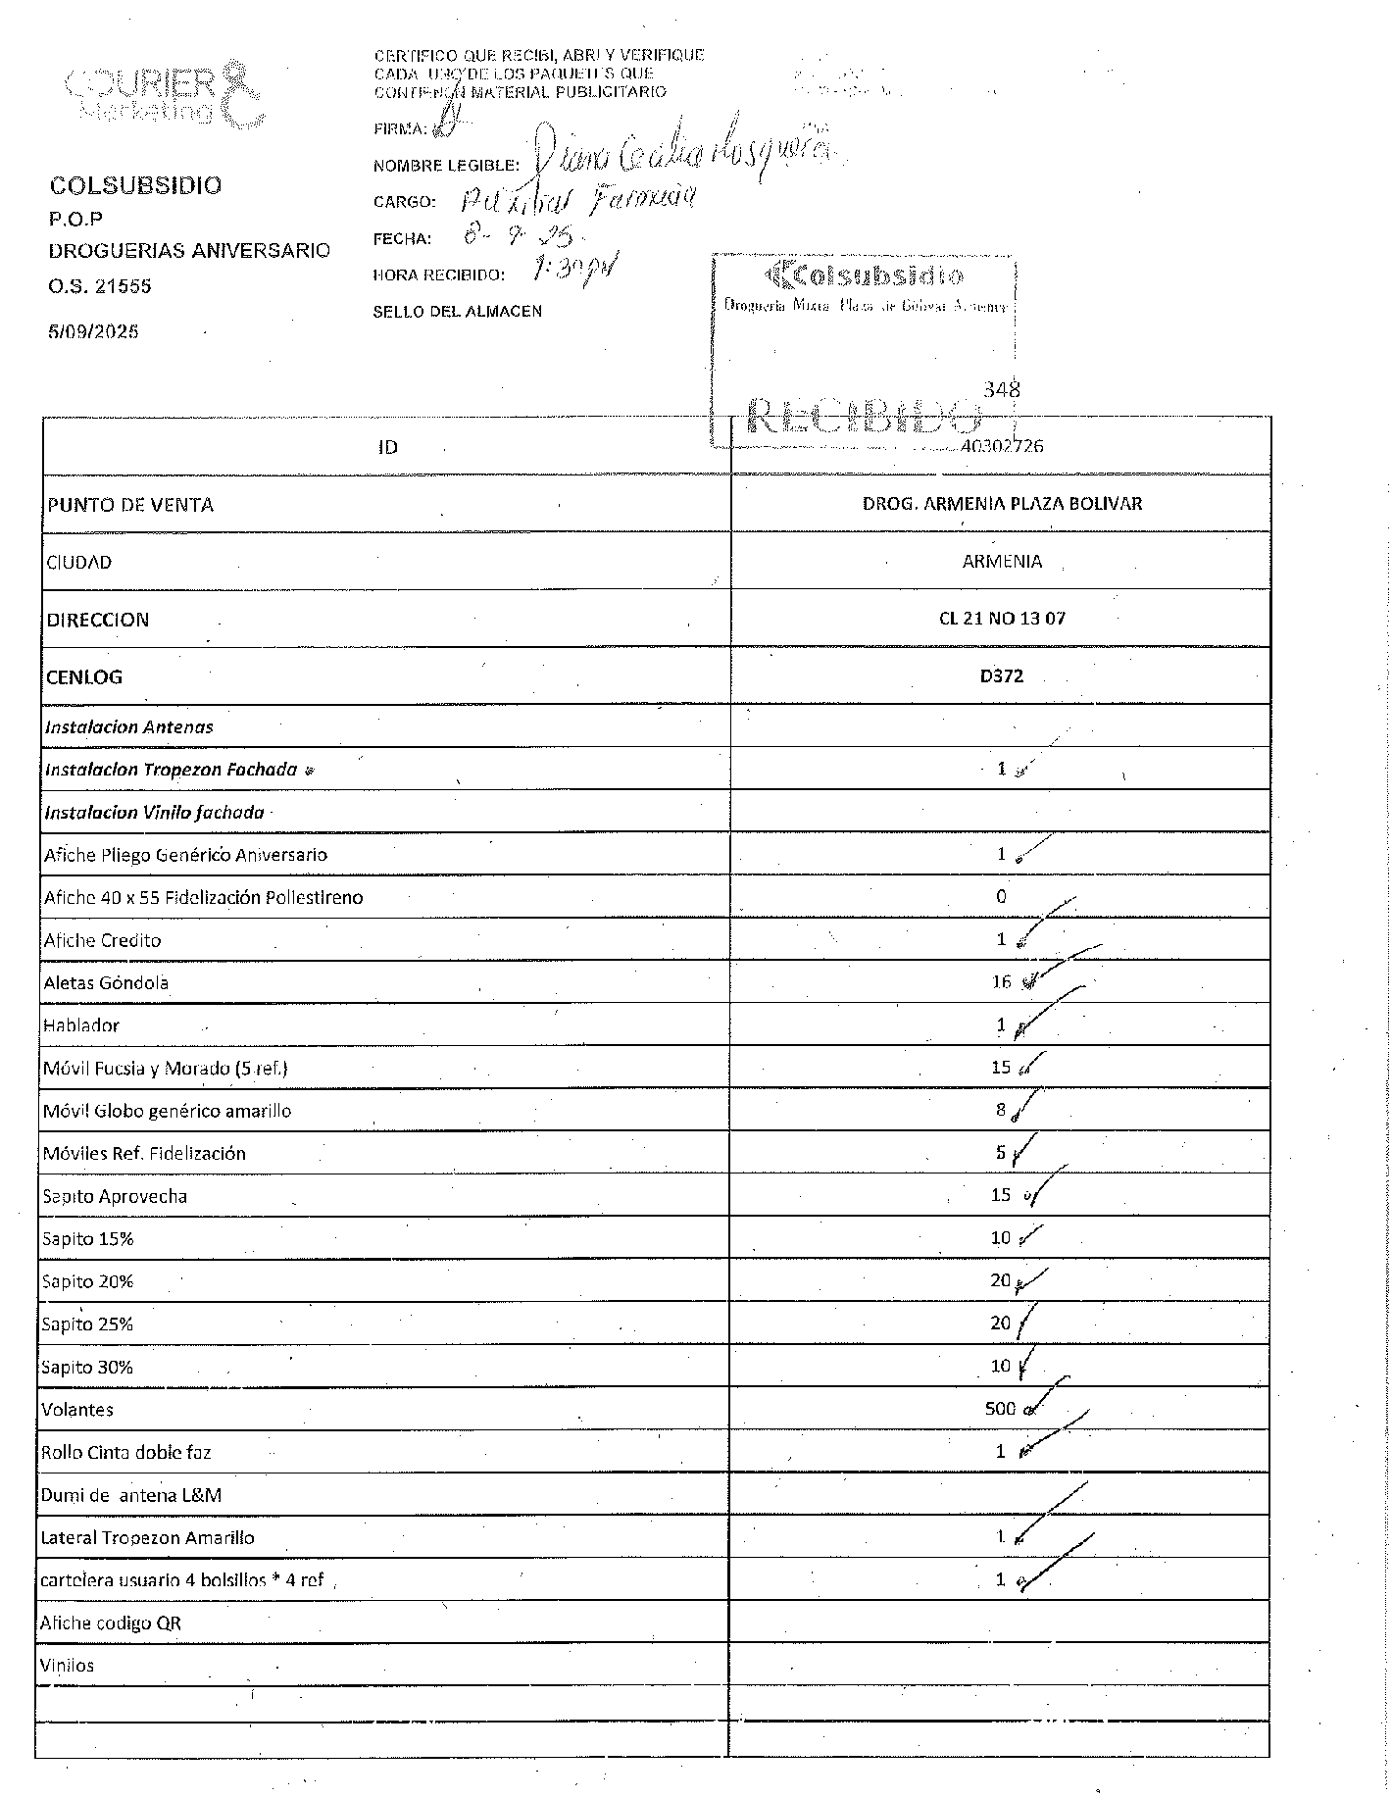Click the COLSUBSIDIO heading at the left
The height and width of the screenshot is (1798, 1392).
pyautogui.click(x=135, y=185)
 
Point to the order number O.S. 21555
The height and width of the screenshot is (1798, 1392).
pyautogui.click(x=100, y=287)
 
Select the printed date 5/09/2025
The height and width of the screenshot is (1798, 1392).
pyautogui.click(x=94, y=331)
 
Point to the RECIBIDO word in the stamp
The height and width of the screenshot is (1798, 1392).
pyautogui.click(x=864, y=417)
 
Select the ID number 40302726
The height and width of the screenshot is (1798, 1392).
pyautogui.click(x=1002, y=446)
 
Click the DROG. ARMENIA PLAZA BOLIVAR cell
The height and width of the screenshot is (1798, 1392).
pyautogui.click(x=1002, y=504)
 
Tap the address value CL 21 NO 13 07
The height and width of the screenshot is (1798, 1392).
pyautogui.click(x=1002, y=619)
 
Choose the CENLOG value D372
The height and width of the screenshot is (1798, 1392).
pyautogui.click(x=1002, y=676)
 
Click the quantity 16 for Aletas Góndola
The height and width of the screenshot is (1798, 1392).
pyautogui.click(x=1001, y=982)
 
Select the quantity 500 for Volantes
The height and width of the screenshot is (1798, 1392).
pyautogui.click(x=1000, y=1409)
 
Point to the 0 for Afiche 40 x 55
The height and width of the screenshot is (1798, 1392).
pyautogui.click(x=1001, y=896)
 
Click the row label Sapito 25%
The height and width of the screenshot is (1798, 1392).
pyautogui.click(x=87, y=1324)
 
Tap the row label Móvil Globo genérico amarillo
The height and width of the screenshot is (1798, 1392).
pyautogui.click(x=167, y=1111)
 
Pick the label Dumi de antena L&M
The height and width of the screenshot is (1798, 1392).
pyautogui.click(x=131, y=1495)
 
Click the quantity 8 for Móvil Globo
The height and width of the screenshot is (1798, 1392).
pyautogui.click(x=1001, y=1110)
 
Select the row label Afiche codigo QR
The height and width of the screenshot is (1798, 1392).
pyautogui.click(x=111, y=1623)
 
